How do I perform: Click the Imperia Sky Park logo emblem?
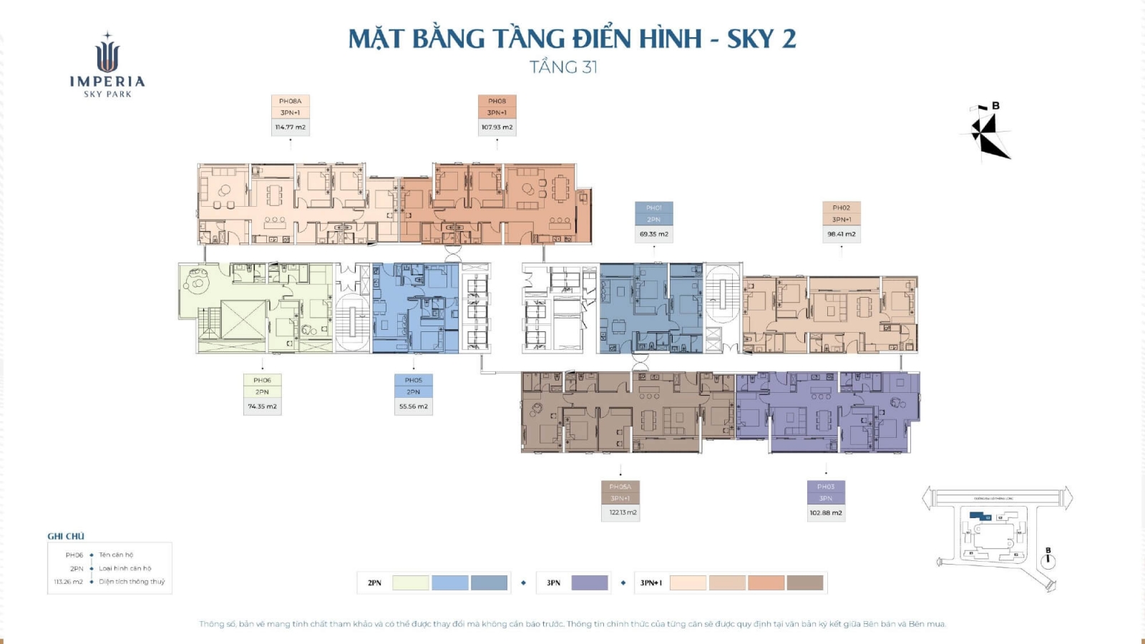pyautogui.click(x=107, y=54)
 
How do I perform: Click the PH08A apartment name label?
pyautogui.click(x=290, y=102)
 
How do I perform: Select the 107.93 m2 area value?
pyautogui.click(x=497, y=127)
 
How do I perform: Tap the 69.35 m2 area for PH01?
pyautogui.click(x=653, y=234)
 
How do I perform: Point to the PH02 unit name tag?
pyautogui.click(x=841, y=208)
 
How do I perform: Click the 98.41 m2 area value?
pyautogui.click(x=841, y=234)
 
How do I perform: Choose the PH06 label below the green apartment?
pyautogui.click(x=262, y=381)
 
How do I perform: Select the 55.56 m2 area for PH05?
pyautogui.click(x=413, y=406)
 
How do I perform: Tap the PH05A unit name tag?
pyautogui.click(x=620, y=487)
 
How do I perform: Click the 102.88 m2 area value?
pyautogui.click(x=825, y=513)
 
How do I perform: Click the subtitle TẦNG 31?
pyautogui.click(x=563, y=67)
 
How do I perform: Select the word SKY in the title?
pyautogui.click(x=750, y=39)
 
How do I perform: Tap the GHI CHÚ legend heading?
pyautogui.click(x=66, y=536)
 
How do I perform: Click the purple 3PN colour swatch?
pyautogui.click(x=590, y=583)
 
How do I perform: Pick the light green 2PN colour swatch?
pyautogui.click(x=411, y=583)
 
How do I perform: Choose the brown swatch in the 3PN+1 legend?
pyautogui.click(x=805, y=583)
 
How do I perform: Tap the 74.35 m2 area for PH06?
pyautogui.click(x=262, y=406)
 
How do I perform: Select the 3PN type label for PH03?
pyautogui.click(x=825, y=499)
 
